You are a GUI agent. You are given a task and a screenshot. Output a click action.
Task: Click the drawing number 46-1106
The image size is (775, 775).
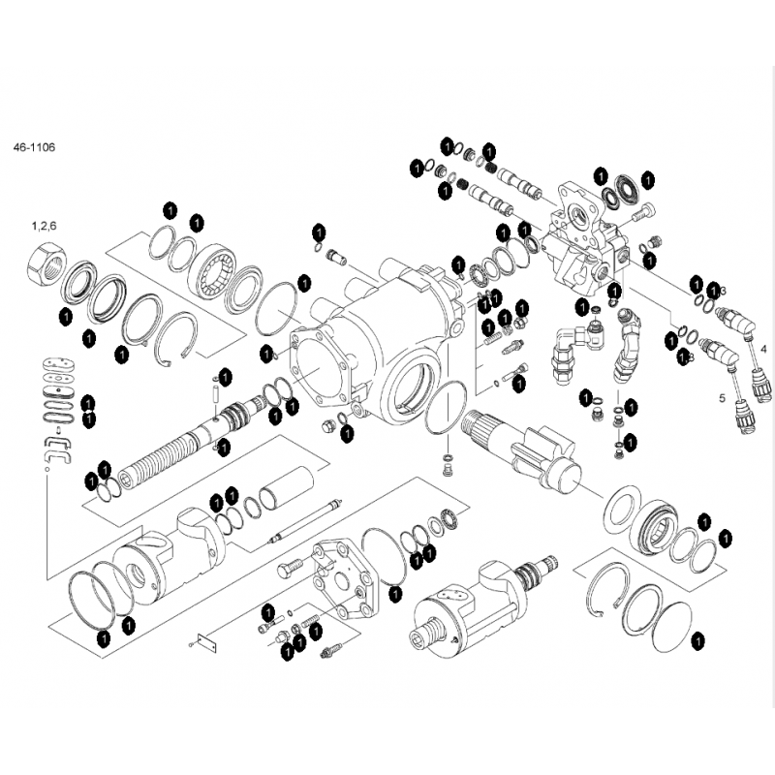(x=34, y=147)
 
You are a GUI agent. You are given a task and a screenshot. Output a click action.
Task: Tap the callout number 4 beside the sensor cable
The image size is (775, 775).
(x=762, y=347)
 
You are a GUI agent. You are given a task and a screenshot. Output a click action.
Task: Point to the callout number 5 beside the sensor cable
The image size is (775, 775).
(x=721, y=397)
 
